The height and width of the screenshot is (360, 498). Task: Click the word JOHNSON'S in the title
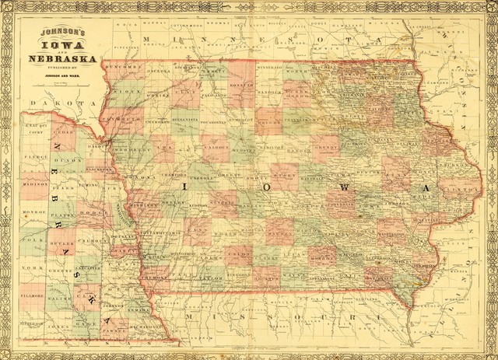61,33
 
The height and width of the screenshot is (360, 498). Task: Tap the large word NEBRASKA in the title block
61,59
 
